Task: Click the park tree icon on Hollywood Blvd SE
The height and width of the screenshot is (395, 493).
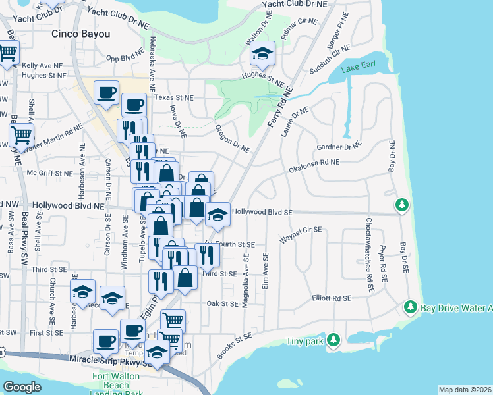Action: pyautogui.click(x=401, y=205)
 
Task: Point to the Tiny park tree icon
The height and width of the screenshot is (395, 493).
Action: pyautogui.click(x=334, y=340)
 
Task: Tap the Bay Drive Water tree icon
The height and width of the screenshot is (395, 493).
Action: pyautogui.click(x=410, y=307)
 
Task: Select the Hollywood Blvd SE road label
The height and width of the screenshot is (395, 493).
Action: pyautogui.click(x=262, y=212)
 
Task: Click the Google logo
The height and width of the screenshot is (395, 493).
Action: pyautogui.click(x=22, y=386)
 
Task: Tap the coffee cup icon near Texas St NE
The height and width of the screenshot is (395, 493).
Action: pyautogui.click(x=105, y=93)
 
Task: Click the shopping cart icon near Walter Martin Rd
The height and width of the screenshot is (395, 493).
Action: pyautogui.click(x=22, y=135)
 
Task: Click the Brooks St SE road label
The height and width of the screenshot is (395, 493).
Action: pyautogui.click(x=234, y=346)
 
